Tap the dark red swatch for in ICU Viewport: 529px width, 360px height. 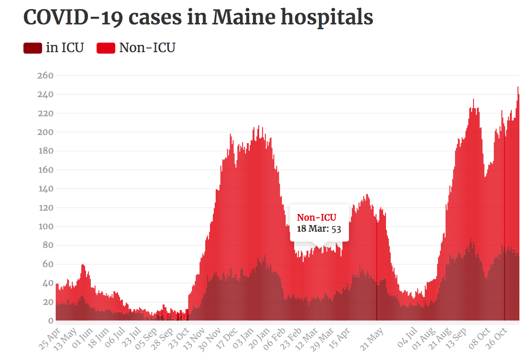click(33, 48)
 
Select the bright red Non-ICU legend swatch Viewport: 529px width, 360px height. click(106, 48)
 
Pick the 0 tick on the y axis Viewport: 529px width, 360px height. click(50, 321)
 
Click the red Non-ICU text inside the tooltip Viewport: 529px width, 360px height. click(317, 218)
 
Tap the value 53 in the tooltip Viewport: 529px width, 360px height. click(336, 228)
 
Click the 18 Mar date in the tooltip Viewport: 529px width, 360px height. click(312, 228)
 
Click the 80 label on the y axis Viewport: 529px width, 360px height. click(46, 245)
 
